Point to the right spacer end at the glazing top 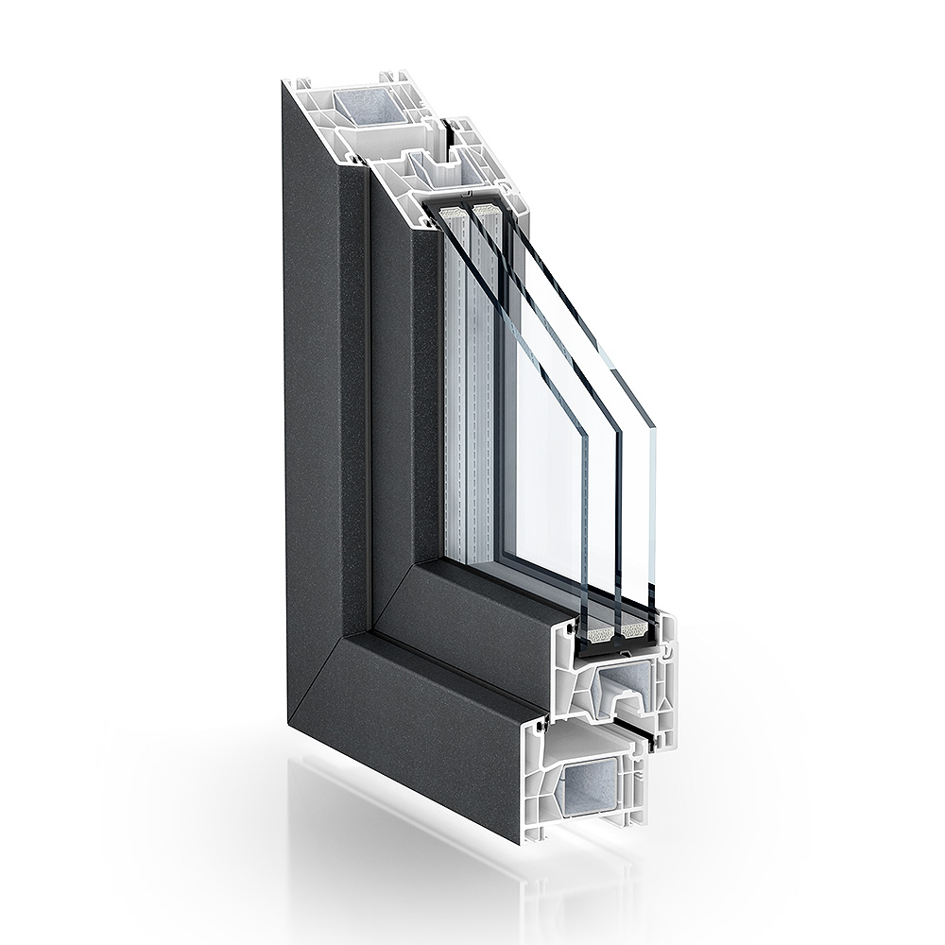tap(484, 210)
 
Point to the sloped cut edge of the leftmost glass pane tap(511, 312)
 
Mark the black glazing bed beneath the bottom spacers tap(614, 647)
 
